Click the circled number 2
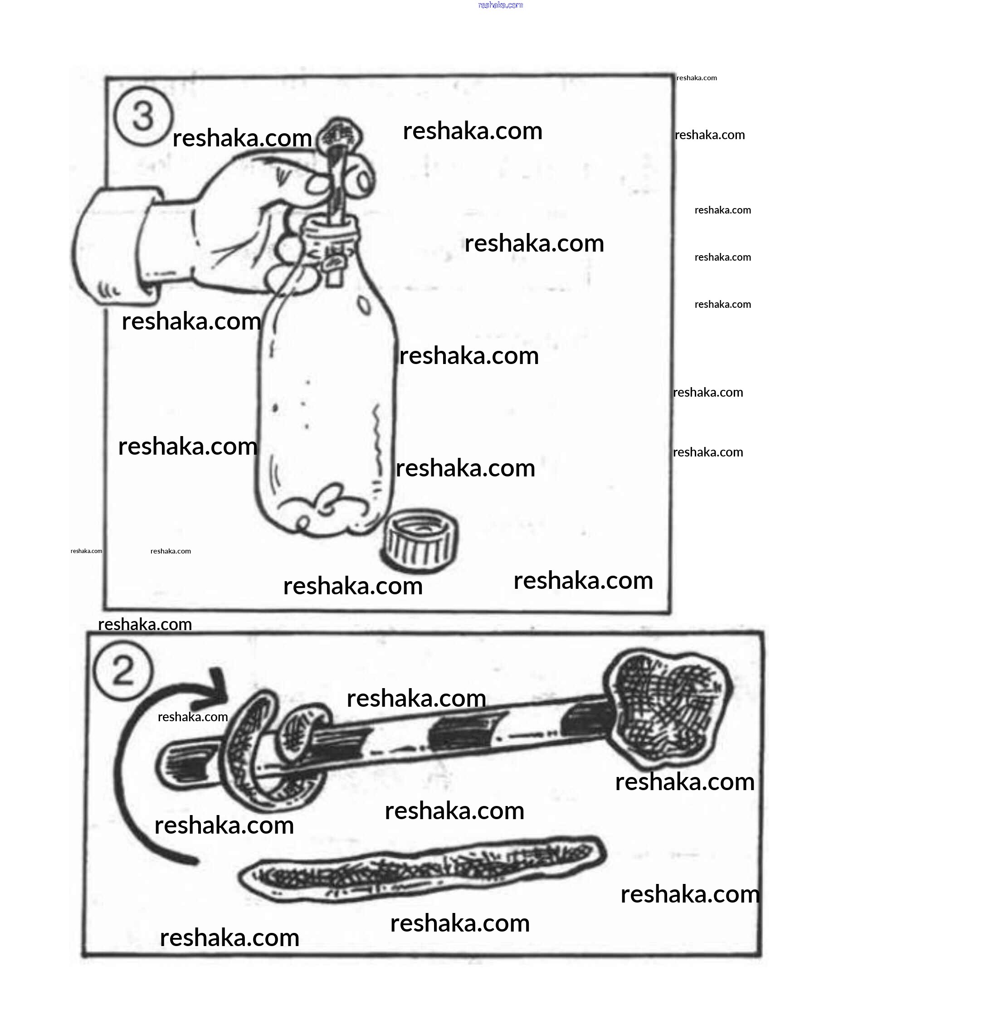tap(123, 671)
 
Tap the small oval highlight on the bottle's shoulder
tap(364, 305)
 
